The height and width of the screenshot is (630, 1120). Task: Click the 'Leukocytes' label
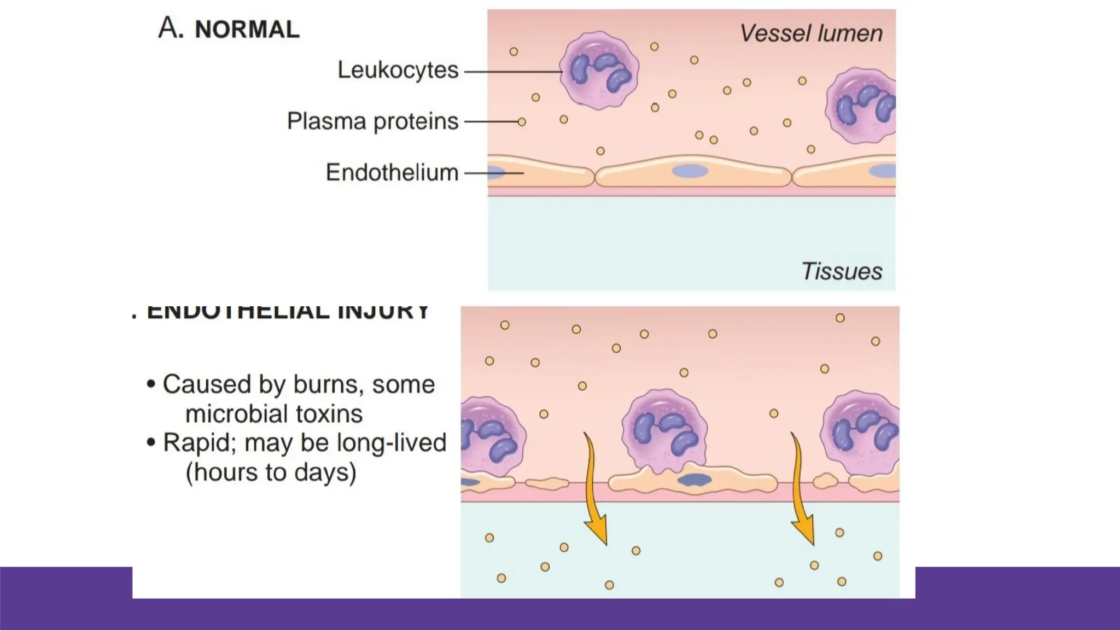pyautogui.click(x=398, y=70)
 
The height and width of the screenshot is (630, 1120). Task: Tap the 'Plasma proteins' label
pyautogui.click(x=372, y=121)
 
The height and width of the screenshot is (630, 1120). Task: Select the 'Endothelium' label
pyautogui.click(x=392, y=172)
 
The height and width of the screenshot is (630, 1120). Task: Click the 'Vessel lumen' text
pyautogui.click(x=811, y=33)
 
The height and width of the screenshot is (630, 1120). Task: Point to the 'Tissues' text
pyautogui.click(x=842, y=271)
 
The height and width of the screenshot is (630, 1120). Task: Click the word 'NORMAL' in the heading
pyautogui.click(x=247, y=30)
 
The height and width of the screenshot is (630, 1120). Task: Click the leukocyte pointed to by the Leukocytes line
pyautogui.click(x=599, y=69)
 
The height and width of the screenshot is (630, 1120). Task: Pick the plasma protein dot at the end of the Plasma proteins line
pyautogui.click(x=522, y=122)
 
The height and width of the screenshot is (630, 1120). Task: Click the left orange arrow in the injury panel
pyautogui.click(x=596, y=492)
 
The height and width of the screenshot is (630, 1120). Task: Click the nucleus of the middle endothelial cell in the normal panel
pyautogui.click(x=690, y=171)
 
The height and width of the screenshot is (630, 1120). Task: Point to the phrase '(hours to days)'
pyautogui.click(x=271, y=472)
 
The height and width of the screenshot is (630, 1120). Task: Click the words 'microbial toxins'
pyautogui.click(x=274, y=414)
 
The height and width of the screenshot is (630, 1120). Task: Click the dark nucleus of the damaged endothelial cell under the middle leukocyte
pyautogui.click(x=695, y=480)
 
